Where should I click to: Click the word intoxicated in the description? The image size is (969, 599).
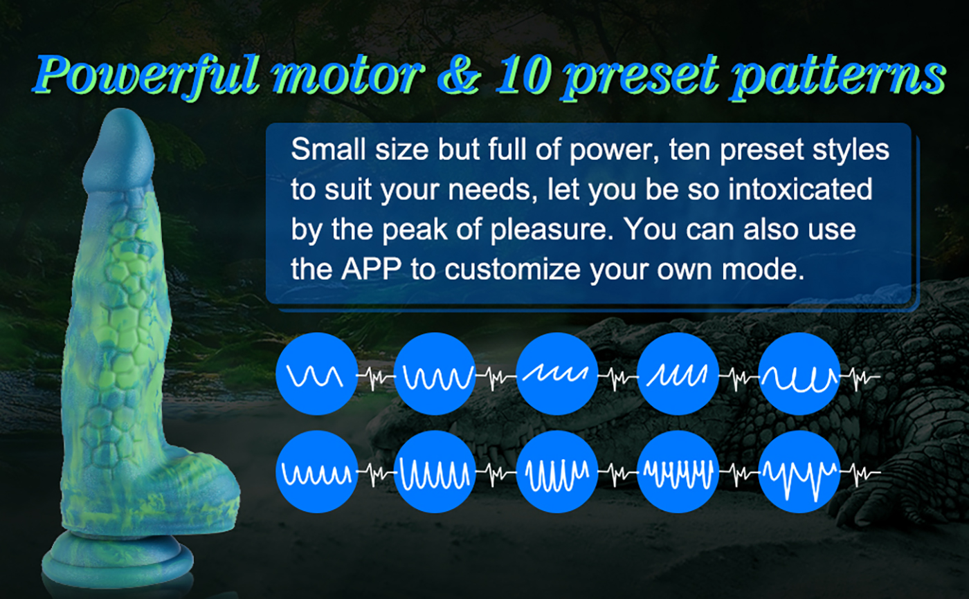(800, 190)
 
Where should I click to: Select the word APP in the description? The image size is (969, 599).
(372, 269)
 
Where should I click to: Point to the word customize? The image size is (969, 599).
(513, 270)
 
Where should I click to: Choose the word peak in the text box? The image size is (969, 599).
(415, 230)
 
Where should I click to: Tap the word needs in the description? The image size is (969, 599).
(489, 190)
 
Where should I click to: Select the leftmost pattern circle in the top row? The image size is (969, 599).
(317, 374)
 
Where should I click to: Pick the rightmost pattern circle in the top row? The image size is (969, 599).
(799, 374)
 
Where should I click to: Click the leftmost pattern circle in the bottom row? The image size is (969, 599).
(317, 472)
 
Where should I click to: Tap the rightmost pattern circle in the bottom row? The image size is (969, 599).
(799, 472)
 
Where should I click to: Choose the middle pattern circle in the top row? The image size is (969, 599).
(557, 374)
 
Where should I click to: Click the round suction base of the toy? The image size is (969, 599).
(118, 562)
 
